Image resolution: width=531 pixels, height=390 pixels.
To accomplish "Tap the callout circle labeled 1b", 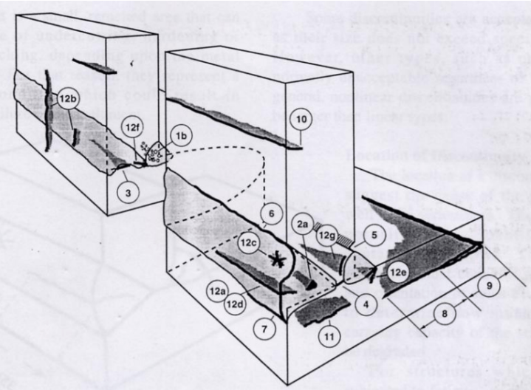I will point(179,138).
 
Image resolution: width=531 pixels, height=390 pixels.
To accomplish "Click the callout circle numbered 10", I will point(300,117).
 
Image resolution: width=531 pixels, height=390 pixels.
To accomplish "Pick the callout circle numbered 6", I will point(270,211).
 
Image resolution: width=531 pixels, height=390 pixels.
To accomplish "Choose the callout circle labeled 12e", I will point(400,273).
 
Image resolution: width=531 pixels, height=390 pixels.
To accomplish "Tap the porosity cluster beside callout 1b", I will point(157,152).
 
